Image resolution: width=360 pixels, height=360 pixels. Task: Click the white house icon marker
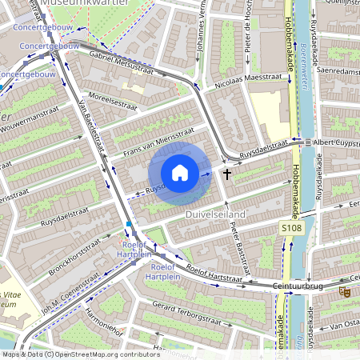pyautogui.click(x=180, y=173)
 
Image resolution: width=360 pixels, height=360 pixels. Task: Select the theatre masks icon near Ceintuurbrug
pyautogui.click(x=345, y=292)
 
